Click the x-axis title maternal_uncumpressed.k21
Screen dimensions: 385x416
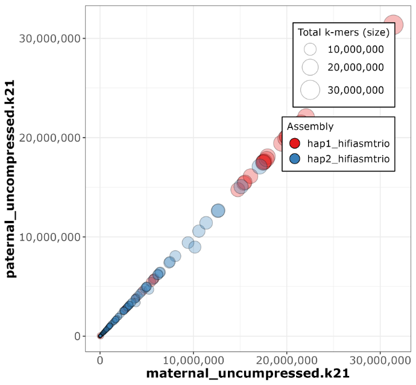pos(248,373)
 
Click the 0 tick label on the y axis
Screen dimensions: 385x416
pos(76,336)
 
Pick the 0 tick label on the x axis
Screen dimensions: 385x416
pos(100,360)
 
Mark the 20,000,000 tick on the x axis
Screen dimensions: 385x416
pos(286,360)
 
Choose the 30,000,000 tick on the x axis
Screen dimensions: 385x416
pos(379,360)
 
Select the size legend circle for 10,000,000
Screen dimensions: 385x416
pos(310,49)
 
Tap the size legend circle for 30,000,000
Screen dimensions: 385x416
pos(310,90)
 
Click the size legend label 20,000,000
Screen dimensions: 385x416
pos(356,67)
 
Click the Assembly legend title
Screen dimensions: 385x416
pos(310,127)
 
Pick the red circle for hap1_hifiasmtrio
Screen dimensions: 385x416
pos(295,143)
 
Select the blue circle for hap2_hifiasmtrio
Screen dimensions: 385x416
pos(295,159)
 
